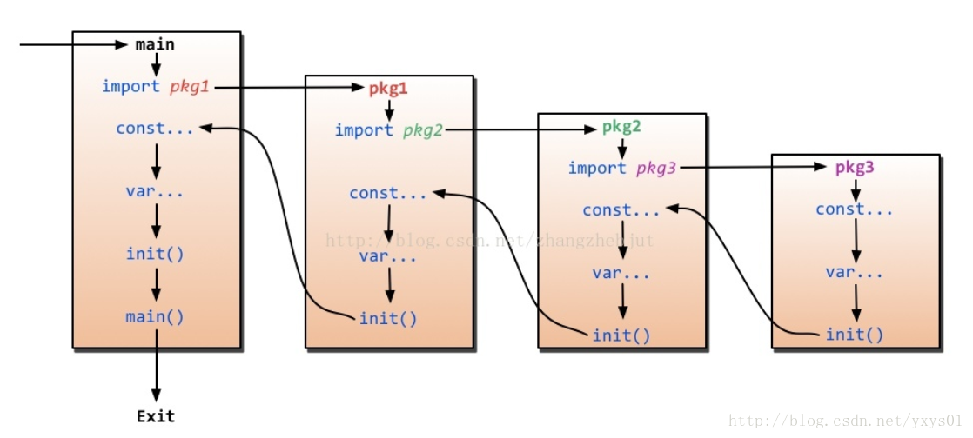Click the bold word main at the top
pos(155,44)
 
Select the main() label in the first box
pos(155,316)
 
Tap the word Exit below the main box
pos(156,416)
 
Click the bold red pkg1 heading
pos(388,89)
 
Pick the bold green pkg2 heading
pos(621,127)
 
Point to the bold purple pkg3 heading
pos(855,168)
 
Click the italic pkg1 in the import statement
pos(190,86)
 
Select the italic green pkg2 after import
pos(423,130)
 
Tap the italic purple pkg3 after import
pos(656,168)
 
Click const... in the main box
pos(155,129)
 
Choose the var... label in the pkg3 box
pos(855,272)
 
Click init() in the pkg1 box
pos(388,319)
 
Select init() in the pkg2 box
pos(621,335)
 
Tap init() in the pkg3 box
pos(855,335)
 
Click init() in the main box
pos(155,254)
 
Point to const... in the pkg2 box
pos(621,210)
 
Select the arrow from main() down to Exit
pos(157,365)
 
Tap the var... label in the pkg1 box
pos(388,256)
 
